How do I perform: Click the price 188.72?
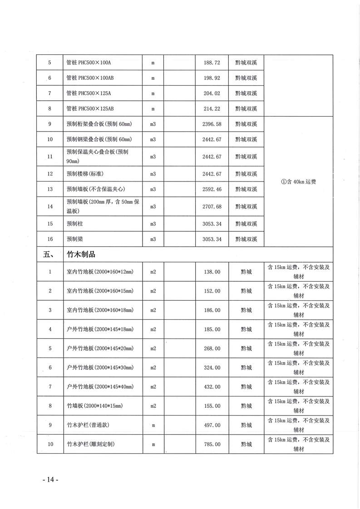tap(212, 63)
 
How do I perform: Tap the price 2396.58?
tap(212, 124)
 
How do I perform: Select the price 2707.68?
tap(212, 206)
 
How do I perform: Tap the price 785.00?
tap(212, 444)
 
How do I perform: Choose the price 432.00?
tap(212, 387)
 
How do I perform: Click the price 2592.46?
tap(212, 189)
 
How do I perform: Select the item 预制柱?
tap(74, 224)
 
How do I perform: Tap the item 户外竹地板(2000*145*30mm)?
tap(99, 367)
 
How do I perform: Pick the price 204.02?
tap(212, 93)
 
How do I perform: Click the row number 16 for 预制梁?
tap(50, 239)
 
